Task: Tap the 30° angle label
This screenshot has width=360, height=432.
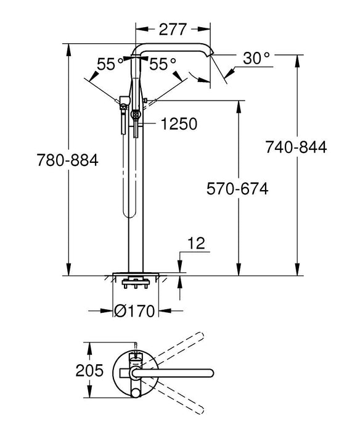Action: click(256, 59)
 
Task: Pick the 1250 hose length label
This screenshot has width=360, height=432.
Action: click(179, 124)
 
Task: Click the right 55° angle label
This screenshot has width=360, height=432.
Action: click(163, 64)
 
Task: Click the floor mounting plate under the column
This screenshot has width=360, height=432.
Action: click(135, 273)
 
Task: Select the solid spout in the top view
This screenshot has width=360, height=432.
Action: click(179, 373)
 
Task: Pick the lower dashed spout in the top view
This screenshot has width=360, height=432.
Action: click(179, 396)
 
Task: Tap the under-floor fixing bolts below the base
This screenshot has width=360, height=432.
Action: click(135, 285)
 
